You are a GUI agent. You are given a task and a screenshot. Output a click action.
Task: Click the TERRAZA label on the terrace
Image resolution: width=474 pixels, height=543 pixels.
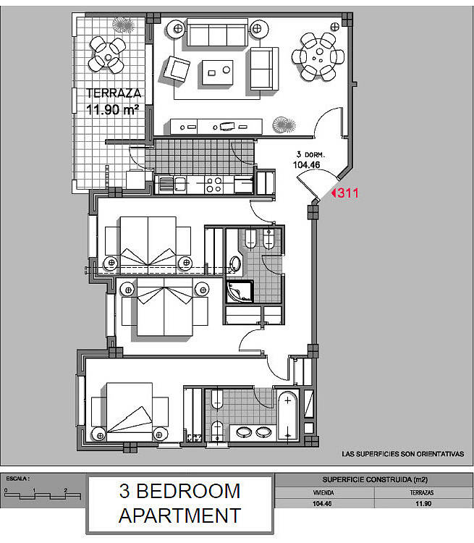tap(114, 93)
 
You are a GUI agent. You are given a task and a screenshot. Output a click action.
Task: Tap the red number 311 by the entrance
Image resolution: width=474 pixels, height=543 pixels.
tap(347, 193)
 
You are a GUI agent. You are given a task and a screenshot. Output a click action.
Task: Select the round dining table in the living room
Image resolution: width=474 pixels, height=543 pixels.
tap(318, 56)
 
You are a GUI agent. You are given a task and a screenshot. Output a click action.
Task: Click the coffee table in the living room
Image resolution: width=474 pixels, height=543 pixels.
tap(217, 72)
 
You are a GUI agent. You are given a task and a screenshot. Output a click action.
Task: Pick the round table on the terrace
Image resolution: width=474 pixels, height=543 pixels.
tap(108, 56)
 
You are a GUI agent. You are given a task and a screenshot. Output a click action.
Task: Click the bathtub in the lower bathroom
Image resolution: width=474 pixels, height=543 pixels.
tap(288, 416)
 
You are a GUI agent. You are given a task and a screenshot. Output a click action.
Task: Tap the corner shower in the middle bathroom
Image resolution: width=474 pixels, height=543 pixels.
tap(240, 291)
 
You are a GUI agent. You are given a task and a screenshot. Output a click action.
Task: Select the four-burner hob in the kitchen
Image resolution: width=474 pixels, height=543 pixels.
tap(213, 185)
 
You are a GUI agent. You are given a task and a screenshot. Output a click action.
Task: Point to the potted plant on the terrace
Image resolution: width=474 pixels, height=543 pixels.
tap(123, 25)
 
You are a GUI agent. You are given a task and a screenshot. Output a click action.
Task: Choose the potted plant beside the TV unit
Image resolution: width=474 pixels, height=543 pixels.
tap(284, 125)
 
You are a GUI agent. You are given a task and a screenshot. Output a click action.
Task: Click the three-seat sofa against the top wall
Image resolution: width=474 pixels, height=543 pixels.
tap(217, 33)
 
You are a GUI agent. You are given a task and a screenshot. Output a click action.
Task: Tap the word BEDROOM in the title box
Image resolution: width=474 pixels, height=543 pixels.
tap(188, 491)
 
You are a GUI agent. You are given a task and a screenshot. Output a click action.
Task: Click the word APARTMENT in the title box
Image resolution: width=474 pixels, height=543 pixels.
tap(179, 515)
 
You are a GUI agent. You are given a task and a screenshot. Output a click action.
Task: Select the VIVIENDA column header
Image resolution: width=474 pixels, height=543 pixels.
tap(323, 493)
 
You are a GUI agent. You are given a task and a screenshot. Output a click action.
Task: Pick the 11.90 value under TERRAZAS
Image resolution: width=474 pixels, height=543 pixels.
tap(423, 503)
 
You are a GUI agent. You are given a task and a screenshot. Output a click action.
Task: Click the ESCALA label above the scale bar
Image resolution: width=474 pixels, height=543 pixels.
tap(17, 479)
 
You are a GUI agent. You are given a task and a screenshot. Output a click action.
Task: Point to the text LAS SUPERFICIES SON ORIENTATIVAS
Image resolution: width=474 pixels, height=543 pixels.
tap(402, 454)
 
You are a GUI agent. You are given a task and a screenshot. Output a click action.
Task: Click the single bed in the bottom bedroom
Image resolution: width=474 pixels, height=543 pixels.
tap(130, 412)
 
